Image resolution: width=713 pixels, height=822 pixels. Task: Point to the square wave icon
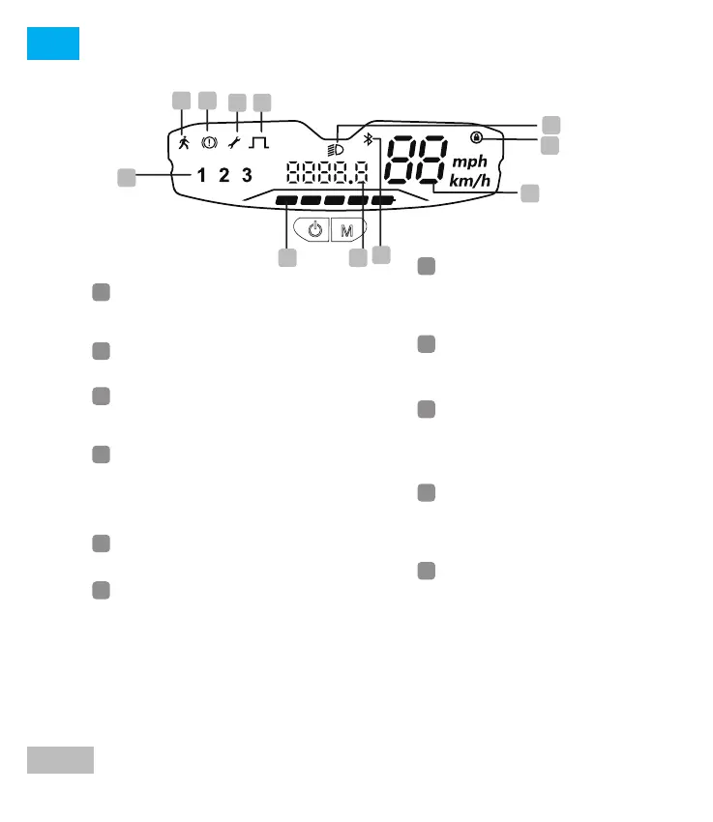point(259,143)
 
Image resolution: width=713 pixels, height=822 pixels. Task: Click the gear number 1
point(201,175)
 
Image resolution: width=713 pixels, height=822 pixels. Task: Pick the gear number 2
point(223,175)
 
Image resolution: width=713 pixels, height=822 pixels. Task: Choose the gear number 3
point(247,175)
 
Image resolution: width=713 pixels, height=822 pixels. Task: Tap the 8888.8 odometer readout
point(327,174)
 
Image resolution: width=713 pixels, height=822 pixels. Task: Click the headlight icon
point(337,150)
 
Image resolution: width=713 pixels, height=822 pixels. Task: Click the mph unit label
point(471,161)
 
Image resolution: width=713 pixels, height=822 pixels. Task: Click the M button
point(345,230)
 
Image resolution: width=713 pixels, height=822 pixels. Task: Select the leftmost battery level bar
point(286,201)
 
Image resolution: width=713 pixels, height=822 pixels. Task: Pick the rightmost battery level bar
point(383,201)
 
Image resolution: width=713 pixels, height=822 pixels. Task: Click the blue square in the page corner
point(53,44)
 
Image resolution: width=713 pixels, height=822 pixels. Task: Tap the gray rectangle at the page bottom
point(60,760)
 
